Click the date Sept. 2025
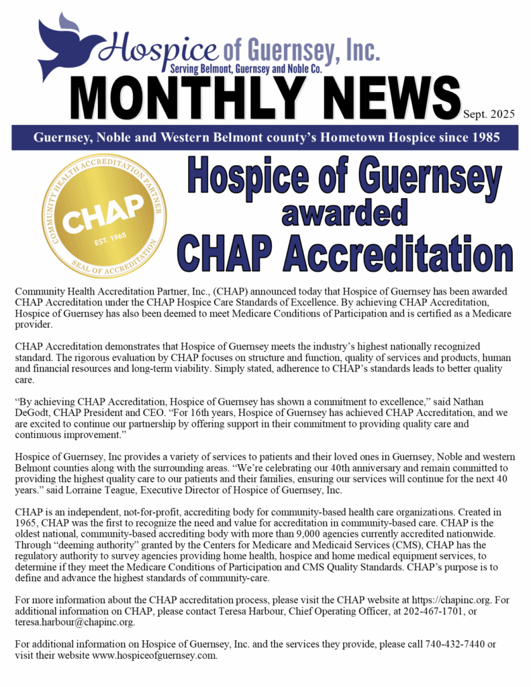pyautogui.click(x=489, y=114)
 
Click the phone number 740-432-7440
pyautogui.click(x=456, y=644)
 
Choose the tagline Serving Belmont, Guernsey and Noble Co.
pyautogui.click(x=247, y=69)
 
